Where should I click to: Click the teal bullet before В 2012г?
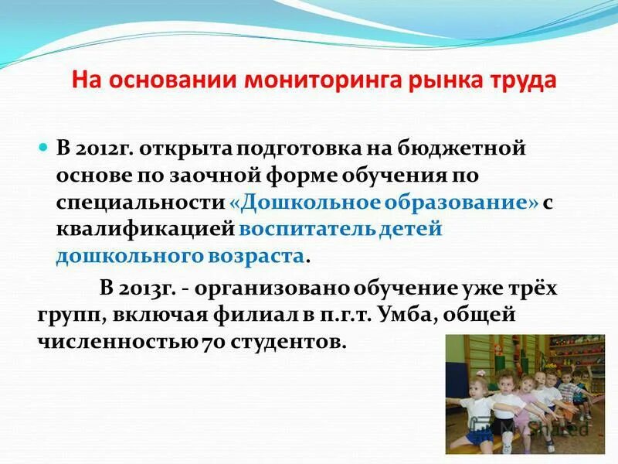pos(43,146)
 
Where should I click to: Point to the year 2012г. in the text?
pos(104,147)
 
